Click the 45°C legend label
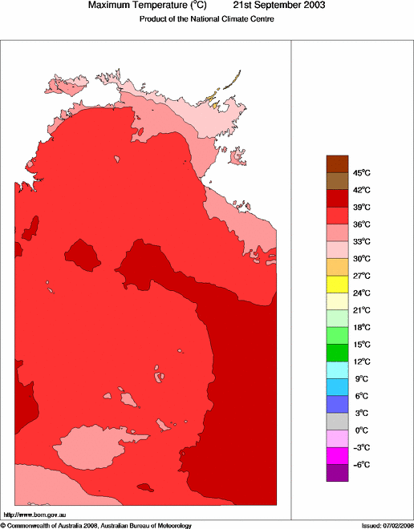(x=362, y=172)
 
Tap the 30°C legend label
(x=362, y=258)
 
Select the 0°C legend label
(x=362, y=430)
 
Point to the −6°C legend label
(x=362, y=465)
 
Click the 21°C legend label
(x=362, y=310)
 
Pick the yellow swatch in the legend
(x=337, y=284)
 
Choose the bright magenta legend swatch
(x=337, y=456)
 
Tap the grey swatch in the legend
(x=337, y=422)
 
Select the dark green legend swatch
(x=337, y=353)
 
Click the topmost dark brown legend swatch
(x=337, y=164)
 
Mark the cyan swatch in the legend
(x=337, y=370)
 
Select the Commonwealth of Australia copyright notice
(x=95, y=525)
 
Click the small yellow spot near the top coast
(x=213, y=103)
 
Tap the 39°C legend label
(x=362, y=207)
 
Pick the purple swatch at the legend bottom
(x=337, y=473)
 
